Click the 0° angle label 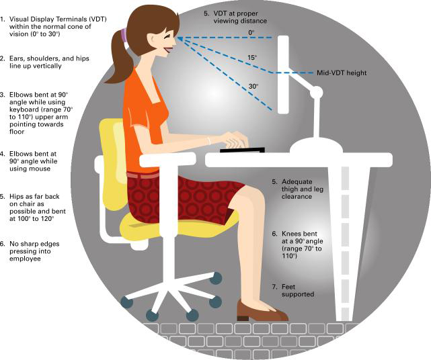click(x=251, y=32)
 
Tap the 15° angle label click(x=252, y=57)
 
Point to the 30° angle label click(x=253, y=86)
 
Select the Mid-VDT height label click(x=342, y=73)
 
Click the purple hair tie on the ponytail click(x=124, y=35)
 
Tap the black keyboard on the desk click(x=242, y=150)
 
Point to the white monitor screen click(x=283, y=75)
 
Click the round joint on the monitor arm click(x=317, y=92)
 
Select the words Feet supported click(x=298, y=291)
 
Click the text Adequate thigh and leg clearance click(x=303, y=189)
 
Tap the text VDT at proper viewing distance click(x=240, y=17)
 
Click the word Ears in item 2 click(x=17, y=58)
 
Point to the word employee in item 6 click(x=25, y=259)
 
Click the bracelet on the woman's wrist click(x=209, y=140)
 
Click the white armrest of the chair click(x=168, y=159)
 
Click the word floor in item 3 click(x=17, y=132)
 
